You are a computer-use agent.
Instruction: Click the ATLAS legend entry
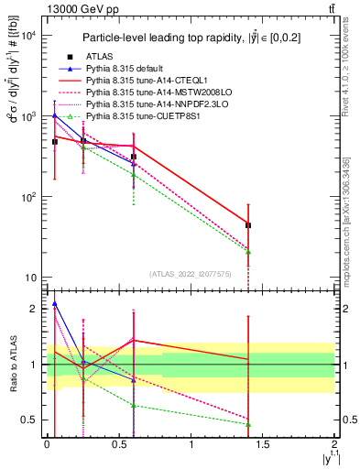tap(97, 57)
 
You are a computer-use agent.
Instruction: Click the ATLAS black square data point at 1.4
tap(248, 225)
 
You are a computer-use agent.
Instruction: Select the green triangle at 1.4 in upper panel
tap(248, 252)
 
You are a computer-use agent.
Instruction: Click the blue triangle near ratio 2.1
tap(55, 303)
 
